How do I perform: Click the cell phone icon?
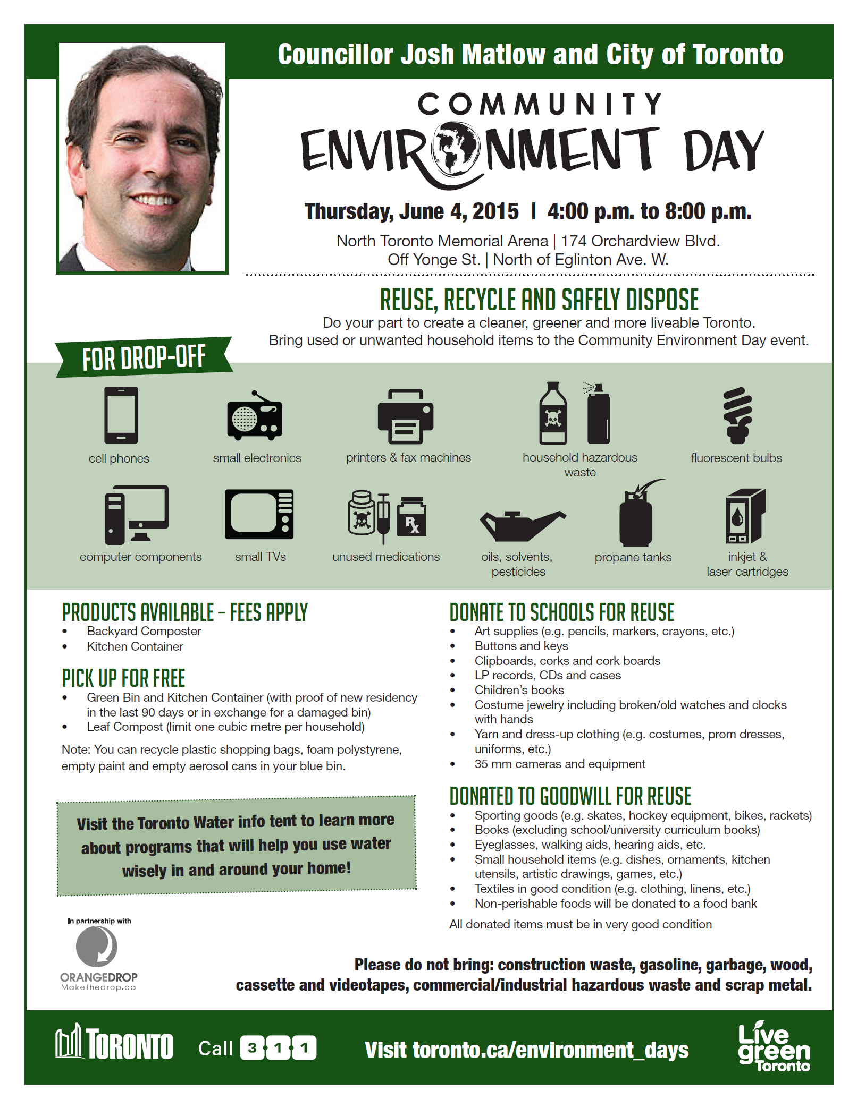coord(121,415)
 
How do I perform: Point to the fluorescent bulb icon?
coord(737,415)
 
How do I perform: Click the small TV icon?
coord(259,514)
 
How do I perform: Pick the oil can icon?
coord(522,525)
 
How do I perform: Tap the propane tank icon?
coord(636,516)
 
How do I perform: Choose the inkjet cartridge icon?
coord(745,515)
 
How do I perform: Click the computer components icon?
coord(137,515)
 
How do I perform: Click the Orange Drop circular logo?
coord(96,946)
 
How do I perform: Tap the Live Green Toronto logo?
coord(774,1047)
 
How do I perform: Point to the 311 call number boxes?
coord(278,1048)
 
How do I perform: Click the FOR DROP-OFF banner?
coord(144,357)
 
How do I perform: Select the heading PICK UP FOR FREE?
coord(123,678)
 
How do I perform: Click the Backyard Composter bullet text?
coord(144,631)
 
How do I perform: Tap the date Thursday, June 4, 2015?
coord(411,211)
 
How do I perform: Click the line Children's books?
coord(519,690)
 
